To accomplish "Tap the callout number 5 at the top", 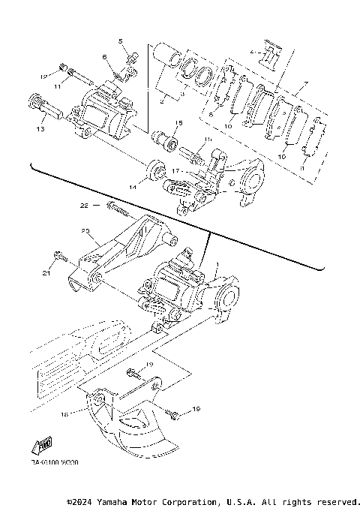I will pos(119,40).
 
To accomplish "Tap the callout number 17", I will pos(175,170).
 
